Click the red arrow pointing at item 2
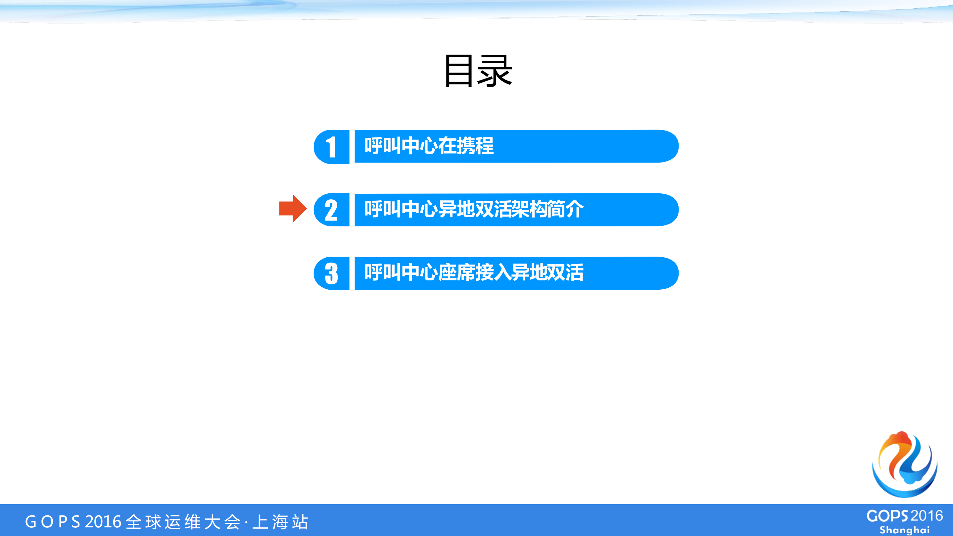(293, 208)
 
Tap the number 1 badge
(331, 147)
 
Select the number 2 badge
(331, 210)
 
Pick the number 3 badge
(331, 274)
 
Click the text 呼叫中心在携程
(429, 146)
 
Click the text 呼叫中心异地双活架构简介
(474, 209)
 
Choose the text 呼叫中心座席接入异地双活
(474, 272)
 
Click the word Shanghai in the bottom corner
(905, 530)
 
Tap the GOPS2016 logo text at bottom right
(905, 516)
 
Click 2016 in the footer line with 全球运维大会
(103, 521)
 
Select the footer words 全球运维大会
(183, 521)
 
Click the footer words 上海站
(280, 521)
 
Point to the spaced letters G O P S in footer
(53, 521)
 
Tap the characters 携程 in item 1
(475, 146)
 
